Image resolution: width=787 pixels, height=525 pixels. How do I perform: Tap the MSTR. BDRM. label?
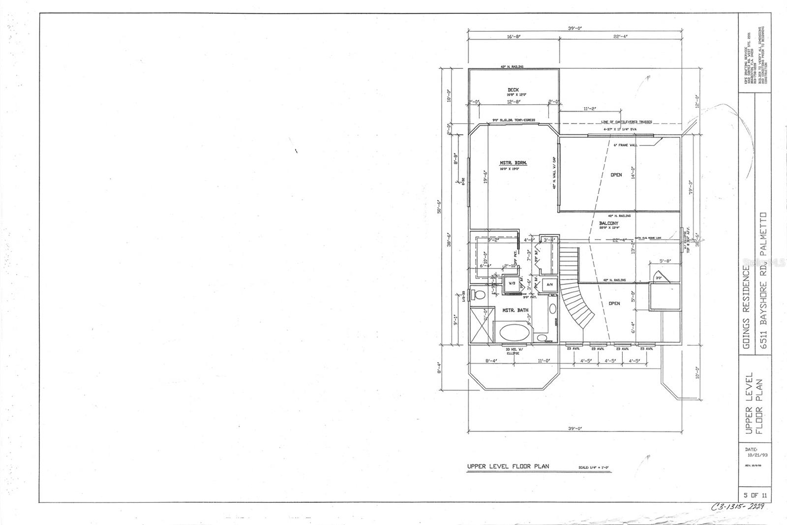[510, 163]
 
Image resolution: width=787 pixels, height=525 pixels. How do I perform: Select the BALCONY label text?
[609, 223]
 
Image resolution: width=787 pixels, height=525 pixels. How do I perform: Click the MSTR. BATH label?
[515, 310]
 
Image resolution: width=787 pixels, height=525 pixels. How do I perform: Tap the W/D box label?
[511, 284]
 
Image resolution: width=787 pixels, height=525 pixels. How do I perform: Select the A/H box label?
[550, 284]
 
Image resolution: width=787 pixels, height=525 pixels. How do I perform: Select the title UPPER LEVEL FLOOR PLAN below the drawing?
[508, 466]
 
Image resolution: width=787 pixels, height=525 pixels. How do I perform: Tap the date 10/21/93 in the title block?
[756, 456]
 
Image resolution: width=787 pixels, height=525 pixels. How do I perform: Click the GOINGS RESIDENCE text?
[748, 308]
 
